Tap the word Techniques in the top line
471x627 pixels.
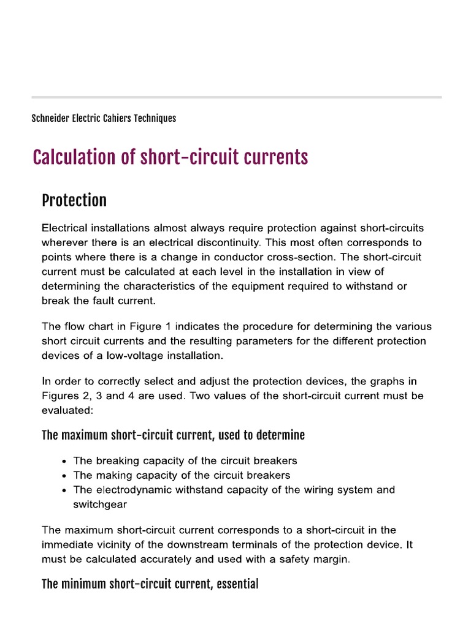[155, 118]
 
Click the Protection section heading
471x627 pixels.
[74, 200]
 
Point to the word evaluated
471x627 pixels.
[65, 411]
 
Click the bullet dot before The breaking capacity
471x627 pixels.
[65, 461]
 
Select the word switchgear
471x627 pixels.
[101, 505]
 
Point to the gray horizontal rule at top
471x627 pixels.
[236, 97]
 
